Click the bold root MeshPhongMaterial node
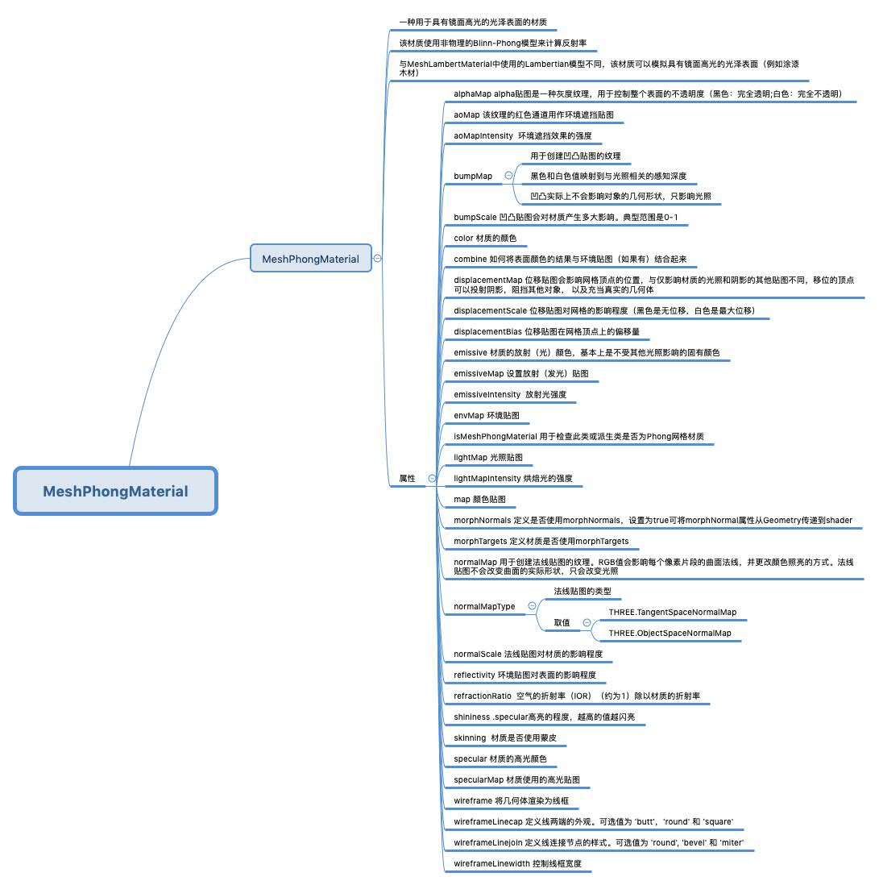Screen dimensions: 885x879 click(115, 491)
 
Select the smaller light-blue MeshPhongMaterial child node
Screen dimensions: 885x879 click(310, 259)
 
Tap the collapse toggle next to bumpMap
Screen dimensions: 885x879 click(508, 175)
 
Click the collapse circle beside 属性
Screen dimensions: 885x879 click(432, 478)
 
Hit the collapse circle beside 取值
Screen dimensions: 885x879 click(587, 622)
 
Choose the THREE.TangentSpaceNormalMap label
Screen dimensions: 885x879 click(672, 612)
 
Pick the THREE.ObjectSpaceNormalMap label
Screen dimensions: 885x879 click(670, 633)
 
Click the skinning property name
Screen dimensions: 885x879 click(470, 737)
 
